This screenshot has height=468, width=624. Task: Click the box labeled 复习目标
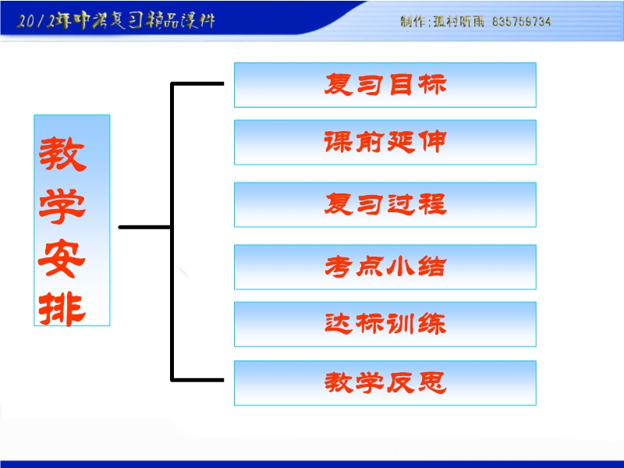(385, 85)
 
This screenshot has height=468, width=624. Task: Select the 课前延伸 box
(385, 142)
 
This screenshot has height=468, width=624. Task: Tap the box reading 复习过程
(385, 204)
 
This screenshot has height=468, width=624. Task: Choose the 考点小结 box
(385, 267)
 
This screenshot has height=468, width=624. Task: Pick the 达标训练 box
(385, 324)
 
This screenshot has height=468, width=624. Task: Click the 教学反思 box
(385, 383)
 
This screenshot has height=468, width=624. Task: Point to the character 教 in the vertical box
(62, 154)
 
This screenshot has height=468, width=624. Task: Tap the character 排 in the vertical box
(62, 309)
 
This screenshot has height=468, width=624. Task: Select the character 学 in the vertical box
(62, 206)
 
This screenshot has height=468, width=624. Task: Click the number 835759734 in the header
(521, 22)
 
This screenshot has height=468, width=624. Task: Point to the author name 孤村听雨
(459, 22)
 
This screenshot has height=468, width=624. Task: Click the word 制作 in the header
(413, 22)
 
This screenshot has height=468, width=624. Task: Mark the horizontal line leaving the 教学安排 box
(145, 227)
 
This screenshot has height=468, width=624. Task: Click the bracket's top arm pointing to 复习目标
(197, 83)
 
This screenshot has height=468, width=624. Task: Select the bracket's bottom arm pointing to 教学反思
(197, 380)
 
